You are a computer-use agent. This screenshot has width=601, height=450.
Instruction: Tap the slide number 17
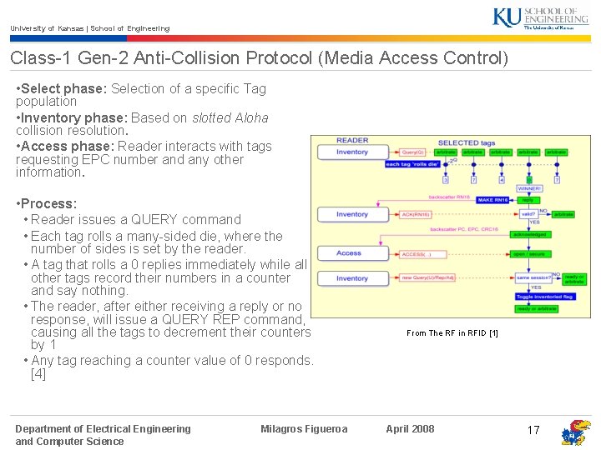(533, 430)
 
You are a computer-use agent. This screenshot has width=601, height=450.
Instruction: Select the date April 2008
(410, 429)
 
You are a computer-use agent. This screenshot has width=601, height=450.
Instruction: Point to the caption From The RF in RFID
(452, 333)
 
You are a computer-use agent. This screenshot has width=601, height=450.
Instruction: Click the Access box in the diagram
(349, 253)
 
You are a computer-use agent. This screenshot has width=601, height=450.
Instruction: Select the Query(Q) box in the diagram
(413, 152)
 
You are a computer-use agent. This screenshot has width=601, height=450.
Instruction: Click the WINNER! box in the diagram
(529, 189)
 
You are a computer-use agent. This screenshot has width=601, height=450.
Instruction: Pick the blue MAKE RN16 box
(494, 200)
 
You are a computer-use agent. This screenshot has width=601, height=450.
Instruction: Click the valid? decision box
(528, 213)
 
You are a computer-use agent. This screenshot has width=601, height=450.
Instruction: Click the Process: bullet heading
(49, 203)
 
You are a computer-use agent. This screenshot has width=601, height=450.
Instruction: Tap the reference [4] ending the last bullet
(38, 373)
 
